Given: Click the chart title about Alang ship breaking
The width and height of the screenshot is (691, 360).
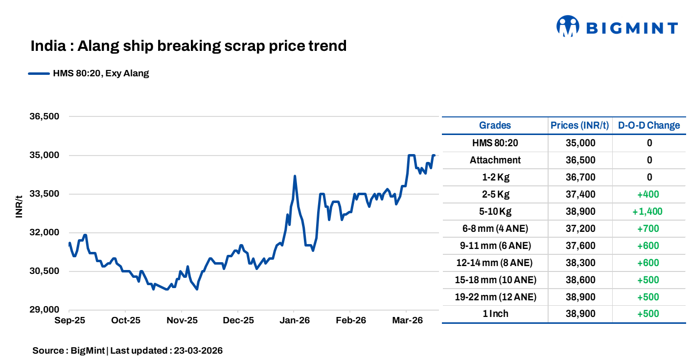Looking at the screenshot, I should tap(188, 46).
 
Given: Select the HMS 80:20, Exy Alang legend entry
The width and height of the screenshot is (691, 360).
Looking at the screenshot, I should tap(89, 74).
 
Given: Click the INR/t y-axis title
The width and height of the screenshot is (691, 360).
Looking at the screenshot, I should tap(19, 206).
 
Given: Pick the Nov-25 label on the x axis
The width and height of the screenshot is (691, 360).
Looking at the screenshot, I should tap(181, 321).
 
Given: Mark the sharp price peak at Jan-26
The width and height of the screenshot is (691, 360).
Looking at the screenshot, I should tap(295, 176).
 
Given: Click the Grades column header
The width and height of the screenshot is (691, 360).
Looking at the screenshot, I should tap(495, 125).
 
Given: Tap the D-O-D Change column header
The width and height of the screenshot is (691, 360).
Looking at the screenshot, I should tap(649, 125).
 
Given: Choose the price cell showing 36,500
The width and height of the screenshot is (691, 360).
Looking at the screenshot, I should tap(580, 160).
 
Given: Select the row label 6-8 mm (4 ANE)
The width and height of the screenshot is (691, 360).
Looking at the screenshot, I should tap(495, 228).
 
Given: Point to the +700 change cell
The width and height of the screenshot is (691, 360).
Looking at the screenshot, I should tap(648, 228).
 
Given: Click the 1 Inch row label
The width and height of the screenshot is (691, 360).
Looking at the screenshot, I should tap(495, 314).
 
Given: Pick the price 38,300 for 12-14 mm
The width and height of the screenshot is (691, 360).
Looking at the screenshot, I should tap(580, 263).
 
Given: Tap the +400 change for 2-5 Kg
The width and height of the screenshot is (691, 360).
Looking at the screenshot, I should tap(648, 194).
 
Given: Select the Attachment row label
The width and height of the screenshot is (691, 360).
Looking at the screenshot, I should tap(495, 160).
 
